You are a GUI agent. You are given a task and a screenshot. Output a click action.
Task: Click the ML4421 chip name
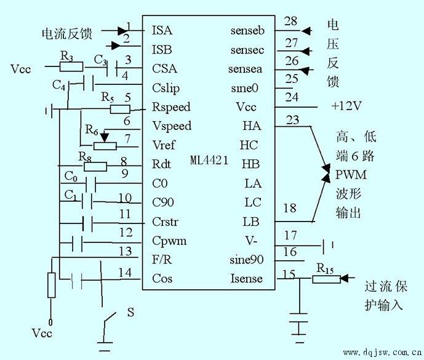pyautogui.click(x=209, y=160)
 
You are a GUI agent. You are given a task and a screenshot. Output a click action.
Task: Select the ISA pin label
pyautogui.click(x=162, y=30)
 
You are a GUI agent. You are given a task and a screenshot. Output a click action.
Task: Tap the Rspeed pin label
pyautogui.click(x=171, y=107)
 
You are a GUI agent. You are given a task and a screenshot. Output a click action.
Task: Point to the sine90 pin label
pyautogui.click(x=246, y=260)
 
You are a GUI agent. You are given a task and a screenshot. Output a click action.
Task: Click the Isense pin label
pyautogui.click(x=246, y=279)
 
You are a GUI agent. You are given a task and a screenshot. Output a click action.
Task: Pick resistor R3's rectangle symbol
pyautogui.click(x=71, y=66)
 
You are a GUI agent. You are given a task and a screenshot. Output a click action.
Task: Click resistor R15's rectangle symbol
pyautogui.click(x=326, y=279)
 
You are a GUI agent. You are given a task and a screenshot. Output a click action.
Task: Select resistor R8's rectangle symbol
pyautogui.click(x=95, y=167)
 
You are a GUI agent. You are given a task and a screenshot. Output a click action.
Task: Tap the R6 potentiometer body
pyautogui.click(x=105, y=146)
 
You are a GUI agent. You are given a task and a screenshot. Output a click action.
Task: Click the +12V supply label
pyautogui.click(x=346, y=106)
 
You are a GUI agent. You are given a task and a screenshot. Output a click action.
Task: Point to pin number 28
pyautogui.click(x=290, y=21)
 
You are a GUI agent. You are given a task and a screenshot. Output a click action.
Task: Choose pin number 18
pyautogui.click(x=290, y=208)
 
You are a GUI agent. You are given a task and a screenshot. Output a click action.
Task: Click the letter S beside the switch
pyautogui.click(x=130, y=313)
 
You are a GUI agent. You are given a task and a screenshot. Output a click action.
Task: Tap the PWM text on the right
pyautogui.click(x=351, y=175)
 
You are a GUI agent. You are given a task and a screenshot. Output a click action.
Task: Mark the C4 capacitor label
pyautogui.click(x=58, y=86)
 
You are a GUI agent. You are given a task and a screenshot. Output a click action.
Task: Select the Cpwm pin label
pyautogui.click(x=169, y=241)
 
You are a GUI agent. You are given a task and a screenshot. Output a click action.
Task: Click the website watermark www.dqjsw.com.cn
pyautogui.click(x=382, y=353)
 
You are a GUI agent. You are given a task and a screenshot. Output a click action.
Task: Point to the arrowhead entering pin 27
pyautogui.click(x=306, y=51)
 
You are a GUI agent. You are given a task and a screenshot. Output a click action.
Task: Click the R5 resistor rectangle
pyautogui.click(x=120, y=110)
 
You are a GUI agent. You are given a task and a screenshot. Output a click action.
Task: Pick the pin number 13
pyautogui.click(x=126, y=251)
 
